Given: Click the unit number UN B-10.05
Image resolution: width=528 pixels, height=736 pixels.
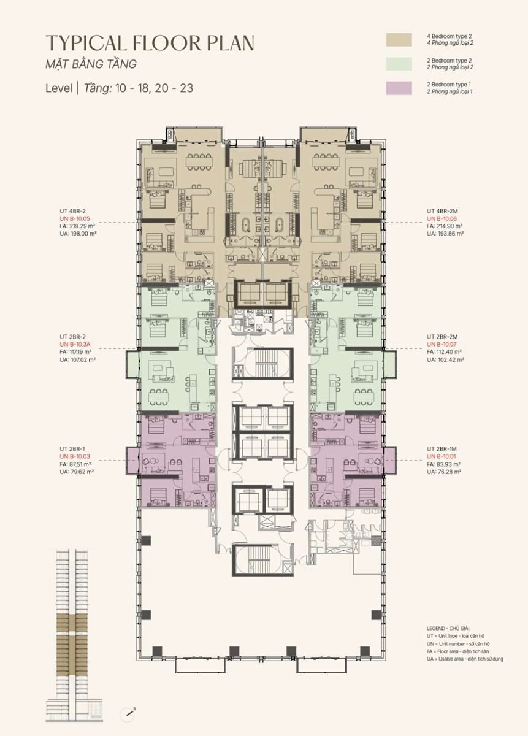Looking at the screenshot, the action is pyautogui.click(x=75, y=218).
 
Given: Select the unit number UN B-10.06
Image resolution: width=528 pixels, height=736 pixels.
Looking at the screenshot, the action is pyautogui.click(x=442, y=218).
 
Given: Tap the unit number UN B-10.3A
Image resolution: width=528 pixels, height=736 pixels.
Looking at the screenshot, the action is pyautogui.click(x=75, y=344).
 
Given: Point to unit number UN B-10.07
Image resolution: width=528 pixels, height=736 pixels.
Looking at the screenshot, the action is pyautogui.click(x=442, y=344).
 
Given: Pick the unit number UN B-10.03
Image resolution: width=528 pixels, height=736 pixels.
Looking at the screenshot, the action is pyautogui.click(x=75, y=456).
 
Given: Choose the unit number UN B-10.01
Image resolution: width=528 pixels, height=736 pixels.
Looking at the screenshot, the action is pyautogui.click(x=442, y=456).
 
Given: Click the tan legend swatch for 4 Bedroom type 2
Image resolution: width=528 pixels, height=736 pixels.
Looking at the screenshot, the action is pyautogui.click(x=399, y=40).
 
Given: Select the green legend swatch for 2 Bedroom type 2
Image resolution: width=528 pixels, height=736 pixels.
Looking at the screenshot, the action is pyautogui.click(x=399, y=64).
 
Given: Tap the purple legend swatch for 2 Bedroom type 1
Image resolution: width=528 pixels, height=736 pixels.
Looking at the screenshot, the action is pyautogui.click(x=399, y=88).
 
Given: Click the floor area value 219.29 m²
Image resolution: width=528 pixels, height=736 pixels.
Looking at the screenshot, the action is pyautogui.click(x=82, y=226).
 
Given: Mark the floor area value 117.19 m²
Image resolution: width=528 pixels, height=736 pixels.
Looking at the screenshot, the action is pyautogui.click(x=82, y=351).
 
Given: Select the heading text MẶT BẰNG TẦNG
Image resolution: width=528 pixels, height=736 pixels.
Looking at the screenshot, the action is pyautogui.click(x=91, y=64).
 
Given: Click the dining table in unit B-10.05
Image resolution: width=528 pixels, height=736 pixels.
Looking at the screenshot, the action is pyautogui.click(x=199, y=162).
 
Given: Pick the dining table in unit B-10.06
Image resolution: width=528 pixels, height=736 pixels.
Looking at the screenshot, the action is pyautogui.click(x=326, y=162).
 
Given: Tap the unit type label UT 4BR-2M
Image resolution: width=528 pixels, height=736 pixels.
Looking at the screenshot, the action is pyautogui.click(x=442, y=211).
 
